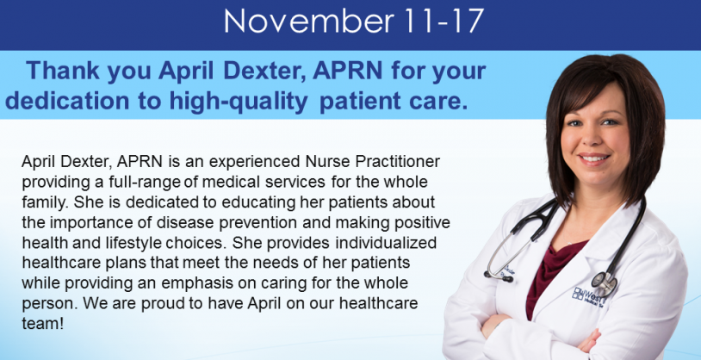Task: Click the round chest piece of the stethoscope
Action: (604, 282)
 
